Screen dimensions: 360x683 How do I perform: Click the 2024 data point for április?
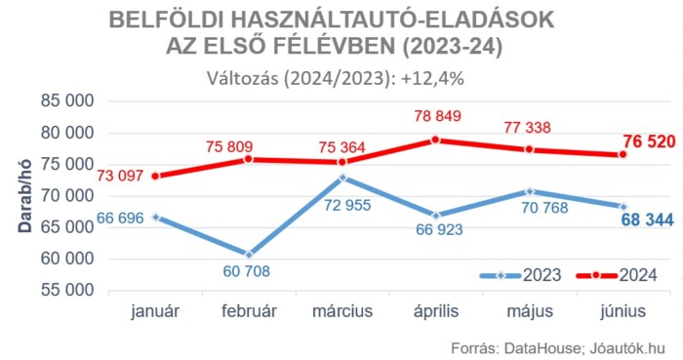pos(436,140)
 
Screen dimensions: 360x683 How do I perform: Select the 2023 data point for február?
pos(249,254)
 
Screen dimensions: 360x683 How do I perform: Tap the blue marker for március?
pos(342,178)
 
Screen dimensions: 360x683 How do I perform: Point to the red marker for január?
pos(155,176)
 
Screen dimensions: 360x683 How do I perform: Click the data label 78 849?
pos(435,116)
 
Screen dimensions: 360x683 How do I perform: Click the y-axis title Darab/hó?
pos(21,196)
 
